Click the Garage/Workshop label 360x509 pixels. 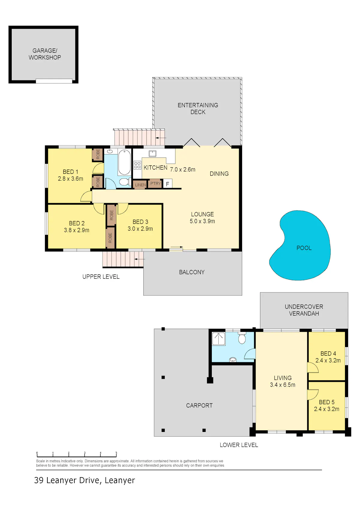pos(45,54)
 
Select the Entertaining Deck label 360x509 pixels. pos(198,108)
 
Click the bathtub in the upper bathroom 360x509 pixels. pos(124,162)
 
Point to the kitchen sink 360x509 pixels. pos(152,153)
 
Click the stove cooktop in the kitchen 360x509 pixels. pos(137,165)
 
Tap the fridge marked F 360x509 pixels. pos(167,184)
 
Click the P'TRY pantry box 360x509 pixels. pos(155,183)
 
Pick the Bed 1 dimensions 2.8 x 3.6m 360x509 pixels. pos(70,178)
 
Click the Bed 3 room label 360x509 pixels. pos(140,222)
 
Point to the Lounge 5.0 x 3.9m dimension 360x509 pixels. pos(202,221)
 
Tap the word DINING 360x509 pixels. pos(219,174)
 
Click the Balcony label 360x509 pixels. pos(192,272)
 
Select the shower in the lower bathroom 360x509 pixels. pos(218,339)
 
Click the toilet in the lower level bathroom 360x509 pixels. pos(242,338)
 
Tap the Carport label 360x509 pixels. pos(199,406)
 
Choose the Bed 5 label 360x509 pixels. pos(327,402)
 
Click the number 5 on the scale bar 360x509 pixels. pos(116,453)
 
